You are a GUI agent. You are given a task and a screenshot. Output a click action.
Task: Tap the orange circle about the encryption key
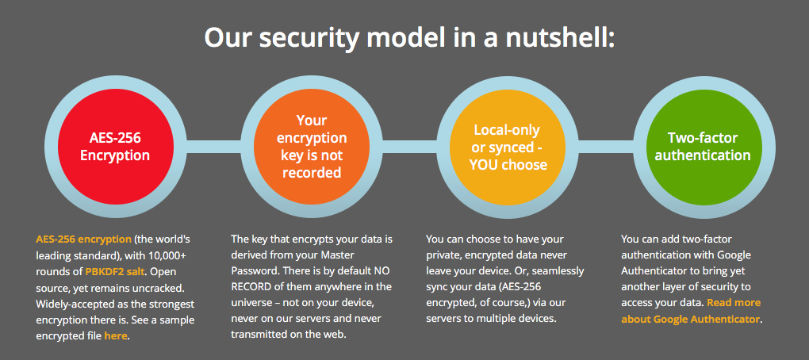coord(312,147)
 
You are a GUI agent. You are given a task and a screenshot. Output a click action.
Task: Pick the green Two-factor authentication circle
coord(704,147)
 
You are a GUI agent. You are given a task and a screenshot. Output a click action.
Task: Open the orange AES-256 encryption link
coord(83,239)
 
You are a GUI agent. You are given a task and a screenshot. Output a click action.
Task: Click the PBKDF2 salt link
coord(116,270)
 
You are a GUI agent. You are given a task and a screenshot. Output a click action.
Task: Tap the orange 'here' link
coord(116,335)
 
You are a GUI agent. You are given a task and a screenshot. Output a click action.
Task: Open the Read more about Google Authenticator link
coord(691,311)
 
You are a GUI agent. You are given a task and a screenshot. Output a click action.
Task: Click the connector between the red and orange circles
coord(213,147)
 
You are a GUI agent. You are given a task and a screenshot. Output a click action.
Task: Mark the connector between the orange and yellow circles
coord(410,147)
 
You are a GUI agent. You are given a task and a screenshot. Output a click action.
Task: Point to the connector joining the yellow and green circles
coord(606,147)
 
